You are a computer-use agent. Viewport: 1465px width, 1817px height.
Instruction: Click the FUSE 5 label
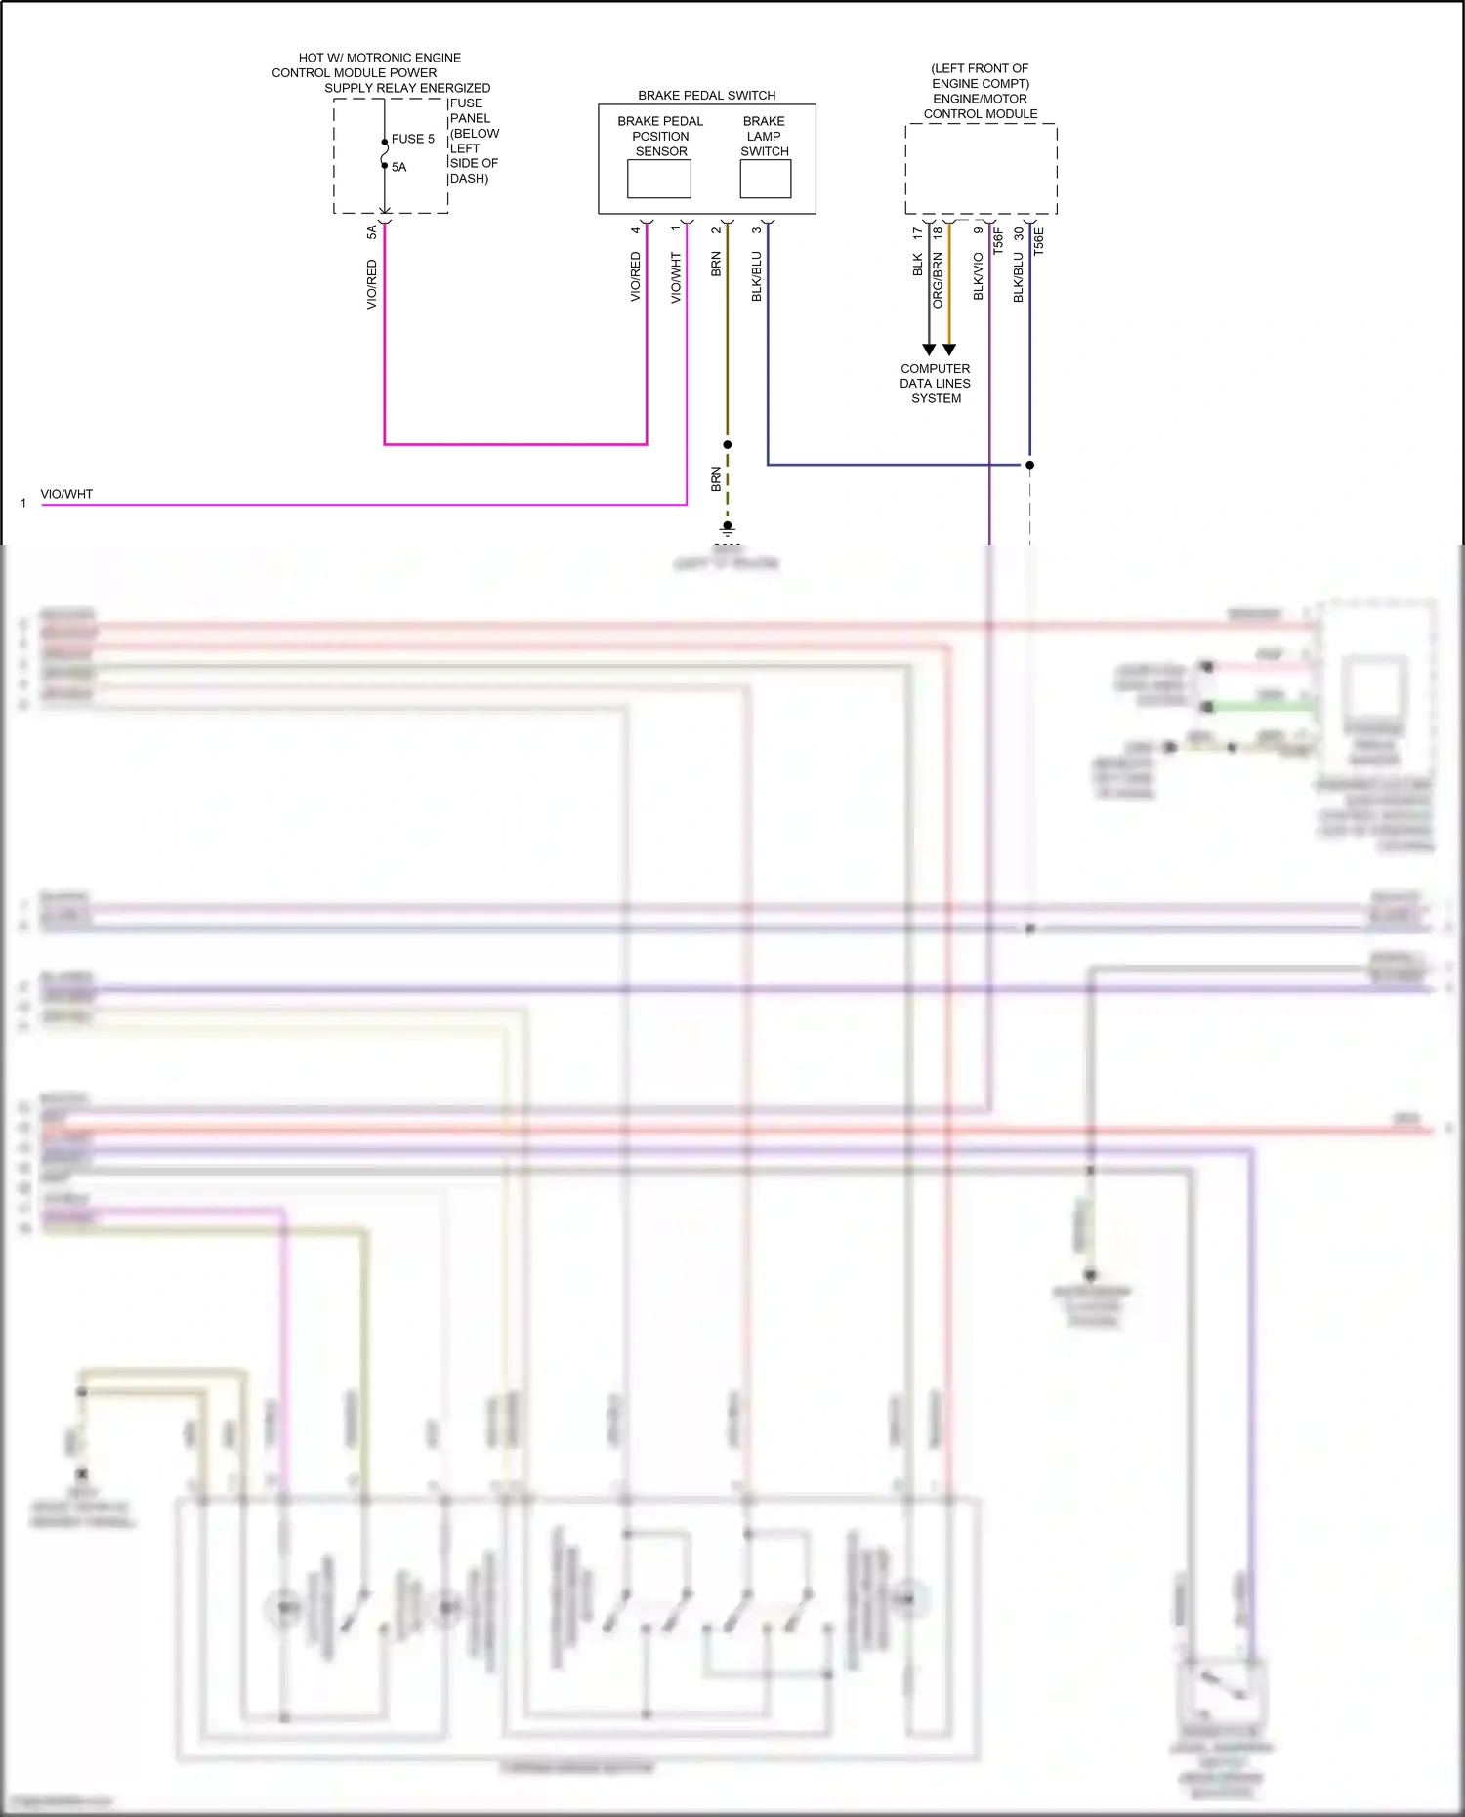point(412,139)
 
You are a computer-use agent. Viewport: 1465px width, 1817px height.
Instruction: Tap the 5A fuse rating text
point(398,167)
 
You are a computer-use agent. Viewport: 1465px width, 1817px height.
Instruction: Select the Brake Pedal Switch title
point(706,95)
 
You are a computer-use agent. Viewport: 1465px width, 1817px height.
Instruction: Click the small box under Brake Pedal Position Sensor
point(658,179)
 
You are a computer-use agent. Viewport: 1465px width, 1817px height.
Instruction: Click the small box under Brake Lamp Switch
point(765,179)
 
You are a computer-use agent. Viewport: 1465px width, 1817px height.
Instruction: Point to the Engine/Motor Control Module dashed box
point(981,169)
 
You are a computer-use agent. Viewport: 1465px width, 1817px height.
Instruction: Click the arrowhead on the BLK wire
point(929,350)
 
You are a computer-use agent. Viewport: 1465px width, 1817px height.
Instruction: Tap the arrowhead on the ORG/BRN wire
point(949,350)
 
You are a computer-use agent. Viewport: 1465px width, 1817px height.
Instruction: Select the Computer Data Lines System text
point(936,384)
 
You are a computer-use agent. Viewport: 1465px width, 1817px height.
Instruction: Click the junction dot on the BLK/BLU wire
point(1029,465)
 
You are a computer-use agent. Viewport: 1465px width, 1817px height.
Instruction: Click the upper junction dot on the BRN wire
point(727,444)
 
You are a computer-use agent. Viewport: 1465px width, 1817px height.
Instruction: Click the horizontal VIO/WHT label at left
point(66,494)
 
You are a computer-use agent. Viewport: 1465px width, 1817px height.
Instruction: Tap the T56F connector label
point(997,241)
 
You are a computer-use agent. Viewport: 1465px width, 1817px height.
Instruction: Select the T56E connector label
point(1038,241)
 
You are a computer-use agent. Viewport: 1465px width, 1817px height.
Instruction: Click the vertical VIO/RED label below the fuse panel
point(371,284)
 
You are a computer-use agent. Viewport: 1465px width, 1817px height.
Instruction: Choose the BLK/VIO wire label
point(978,276)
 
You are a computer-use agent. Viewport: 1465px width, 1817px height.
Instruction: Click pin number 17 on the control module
point(916,233)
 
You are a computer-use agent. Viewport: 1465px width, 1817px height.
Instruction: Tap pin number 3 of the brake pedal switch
point(756,230)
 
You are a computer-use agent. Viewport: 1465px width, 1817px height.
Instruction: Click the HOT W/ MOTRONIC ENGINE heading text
point(380,58)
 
